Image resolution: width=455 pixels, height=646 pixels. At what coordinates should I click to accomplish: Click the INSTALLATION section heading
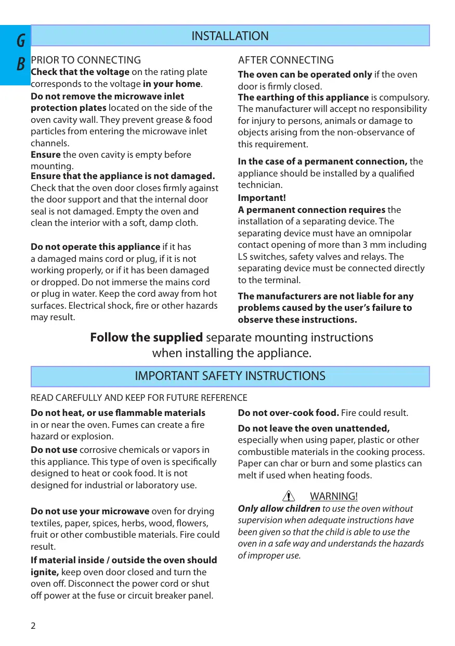tap(230, 36)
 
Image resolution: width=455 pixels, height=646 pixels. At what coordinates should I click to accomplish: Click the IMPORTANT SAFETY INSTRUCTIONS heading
tap(230, 376)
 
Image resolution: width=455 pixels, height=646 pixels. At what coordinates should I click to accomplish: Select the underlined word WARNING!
tap(333, 496)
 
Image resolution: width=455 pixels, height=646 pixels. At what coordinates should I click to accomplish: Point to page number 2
tap(33, 626)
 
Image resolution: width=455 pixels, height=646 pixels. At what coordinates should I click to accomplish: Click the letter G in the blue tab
tap(21, 40)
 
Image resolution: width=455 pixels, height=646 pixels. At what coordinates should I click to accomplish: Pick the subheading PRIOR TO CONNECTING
tap(86, 60)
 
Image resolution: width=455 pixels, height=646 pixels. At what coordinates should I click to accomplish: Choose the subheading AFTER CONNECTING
tap(285, 60)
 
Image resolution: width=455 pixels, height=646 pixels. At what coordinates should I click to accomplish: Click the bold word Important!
tap(262, 198)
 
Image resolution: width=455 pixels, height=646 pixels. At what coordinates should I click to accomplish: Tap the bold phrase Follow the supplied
tap(146, 337)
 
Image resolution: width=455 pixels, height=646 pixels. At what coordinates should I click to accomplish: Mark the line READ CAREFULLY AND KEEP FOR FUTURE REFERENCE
tap(139, 398)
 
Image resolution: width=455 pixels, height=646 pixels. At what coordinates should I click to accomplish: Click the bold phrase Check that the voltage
tap(80, 72)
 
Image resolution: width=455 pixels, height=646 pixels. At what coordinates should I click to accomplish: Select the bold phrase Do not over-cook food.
tap(288, 413)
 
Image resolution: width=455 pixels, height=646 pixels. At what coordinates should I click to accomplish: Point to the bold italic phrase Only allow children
tap(279, 509)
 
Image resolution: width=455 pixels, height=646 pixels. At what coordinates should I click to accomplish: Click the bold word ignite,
tap(44, 572)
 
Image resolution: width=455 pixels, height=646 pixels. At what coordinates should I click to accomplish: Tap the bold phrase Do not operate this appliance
tap(95, 247)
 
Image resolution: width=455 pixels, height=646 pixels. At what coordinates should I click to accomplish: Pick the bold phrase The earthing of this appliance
tap(303, 97)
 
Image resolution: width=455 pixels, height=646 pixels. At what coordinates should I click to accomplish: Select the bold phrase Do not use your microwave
tap(90, 511)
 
